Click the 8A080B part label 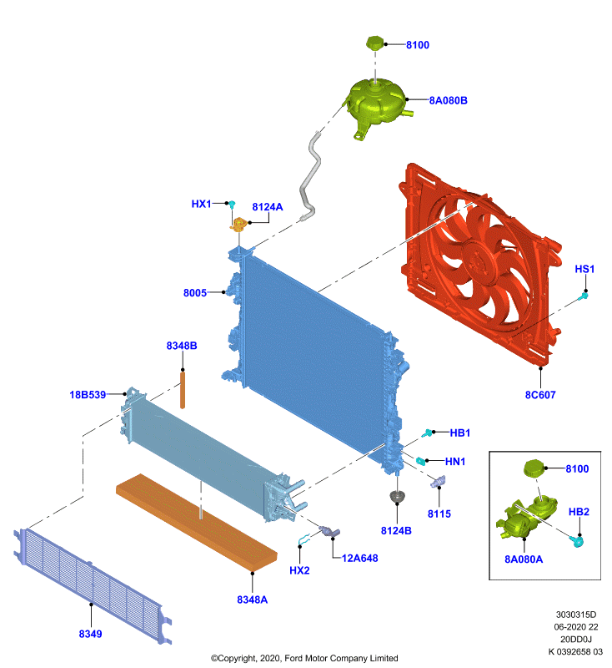coord(448,100)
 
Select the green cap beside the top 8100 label coord(374,43)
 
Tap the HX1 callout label coord(201,204)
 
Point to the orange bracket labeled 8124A coord(239,224)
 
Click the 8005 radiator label coord(195,293)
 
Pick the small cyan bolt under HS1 coord(584,296)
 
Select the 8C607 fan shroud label coord(540,395)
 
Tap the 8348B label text coord(182,346)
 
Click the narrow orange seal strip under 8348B coord(183,390)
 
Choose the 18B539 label coord(88,395)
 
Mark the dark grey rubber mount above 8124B coord(397,496)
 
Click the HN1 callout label coord(455,462)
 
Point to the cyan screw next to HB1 coord(427,433)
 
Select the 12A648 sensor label coord(360,558)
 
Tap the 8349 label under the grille coord(91,634)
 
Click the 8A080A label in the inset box coord(524,559)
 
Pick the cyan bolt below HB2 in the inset coord(577,541)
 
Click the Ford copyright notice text coord(304,658)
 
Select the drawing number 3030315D coord(576,615)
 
